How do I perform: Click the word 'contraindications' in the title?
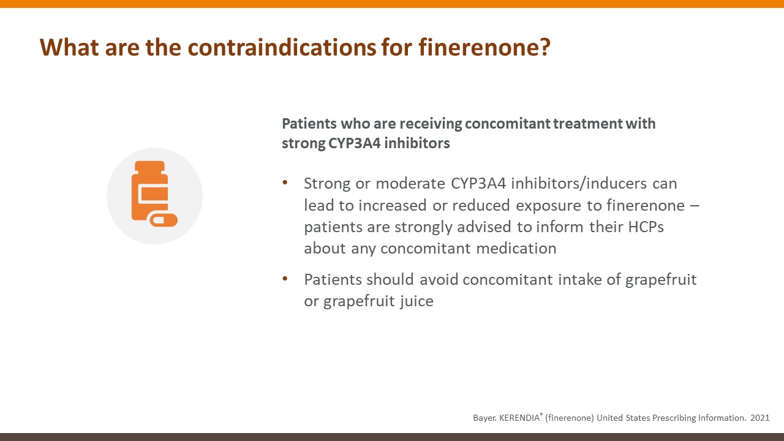[282, 47]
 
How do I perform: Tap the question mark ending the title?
[544, 47]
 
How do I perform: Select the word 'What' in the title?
[69, 47]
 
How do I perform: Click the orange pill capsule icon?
[164, 220]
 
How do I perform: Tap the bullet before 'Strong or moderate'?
[285, 183]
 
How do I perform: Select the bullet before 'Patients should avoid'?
[285, 279]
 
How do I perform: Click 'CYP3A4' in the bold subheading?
[354, 143]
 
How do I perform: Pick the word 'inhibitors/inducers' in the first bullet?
[579, 183]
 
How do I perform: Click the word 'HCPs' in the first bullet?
[646, 227]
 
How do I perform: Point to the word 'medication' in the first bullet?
[516, 249]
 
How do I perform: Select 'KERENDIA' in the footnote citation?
[519, 418]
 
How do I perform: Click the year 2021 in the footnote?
[760, 418]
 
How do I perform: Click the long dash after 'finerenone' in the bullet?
[695, 205]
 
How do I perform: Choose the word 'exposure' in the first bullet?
[548, 205]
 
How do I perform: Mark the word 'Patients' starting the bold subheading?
[309, 124]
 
